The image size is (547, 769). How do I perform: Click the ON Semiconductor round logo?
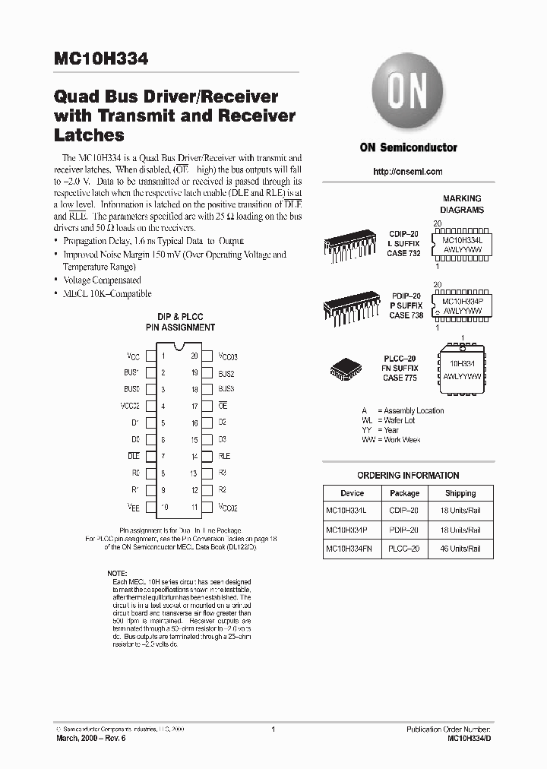[408, 95]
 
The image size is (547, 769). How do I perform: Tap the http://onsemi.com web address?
[408, 172]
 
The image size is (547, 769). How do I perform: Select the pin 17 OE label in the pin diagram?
[223, 406]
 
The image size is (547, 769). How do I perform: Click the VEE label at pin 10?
[134, 507]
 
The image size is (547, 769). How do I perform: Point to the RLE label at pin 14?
[224, 456]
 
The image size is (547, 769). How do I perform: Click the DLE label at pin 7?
[134, 456]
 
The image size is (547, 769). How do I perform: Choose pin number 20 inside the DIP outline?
[194, 356]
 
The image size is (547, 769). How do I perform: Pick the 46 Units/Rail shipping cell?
[460, 548]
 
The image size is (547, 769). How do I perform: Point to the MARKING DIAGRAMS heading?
[462, 204]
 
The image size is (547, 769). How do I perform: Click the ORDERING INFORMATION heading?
[408, 475]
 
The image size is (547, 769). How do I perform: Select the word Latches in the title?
[89, 136]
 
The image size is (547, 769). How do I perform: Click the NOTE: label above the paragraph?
[117, 572]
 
